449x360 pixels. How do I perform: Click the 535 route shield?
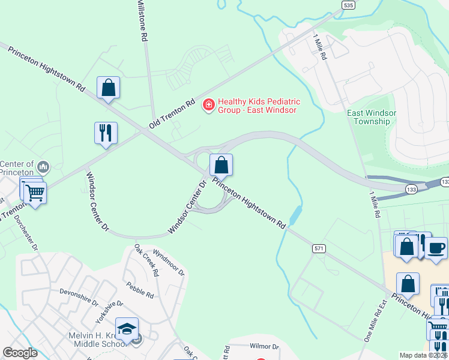348,5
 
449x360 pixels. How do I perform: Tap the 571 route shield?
319,248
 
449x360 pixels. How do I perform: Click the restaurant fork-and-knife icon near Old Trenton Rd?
106,133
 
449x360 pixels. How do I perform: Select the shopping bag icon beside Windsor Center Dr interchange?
221,165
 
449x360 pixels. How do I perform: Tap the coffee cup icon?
436,247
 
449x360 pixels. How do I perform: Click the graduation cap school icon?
127,329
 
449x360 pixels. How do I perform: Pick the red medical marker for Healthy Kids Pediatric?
209,106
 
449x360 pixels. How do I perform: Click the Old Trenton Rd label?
173,113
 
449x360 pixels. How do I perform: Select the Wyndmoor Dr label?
169,262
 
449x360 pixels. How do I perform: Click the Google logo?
20,353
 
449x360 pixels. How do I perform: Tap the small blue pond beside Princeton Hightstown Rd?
295,214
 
